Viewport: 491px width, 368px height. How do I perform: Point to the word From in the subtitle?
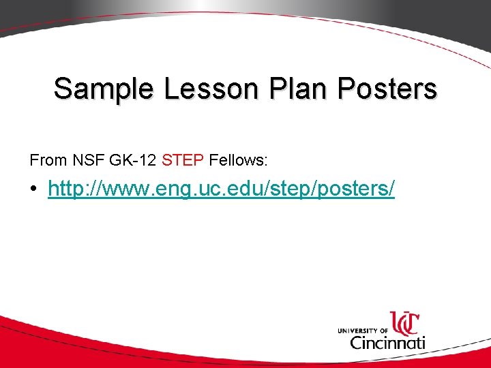[x=45, y=161]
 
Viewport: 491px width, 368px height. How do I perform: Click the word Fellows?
[x=237, y=161]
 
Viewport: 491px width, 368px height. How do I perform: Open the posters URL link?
[x=221, y=189]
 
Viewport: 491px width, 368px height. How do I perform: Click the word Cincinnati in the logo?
[x=387, y=341]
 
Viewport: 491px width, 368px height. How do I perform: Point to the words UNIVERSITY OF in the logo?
[x=362, y=331]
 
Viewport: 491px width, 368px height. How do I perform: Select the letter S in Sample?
[x=63, y=89]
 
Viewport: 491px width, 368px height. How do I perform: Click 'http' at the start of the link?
[x=63, y=189]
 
